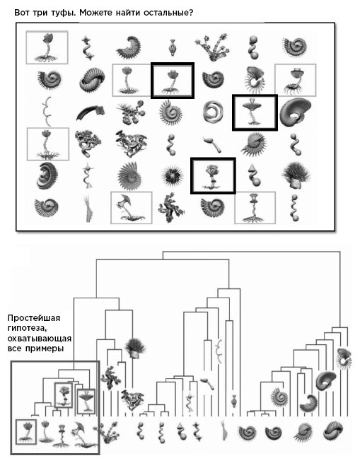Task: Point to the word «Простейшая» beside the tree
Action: pyautogui.click(x=34, y=318)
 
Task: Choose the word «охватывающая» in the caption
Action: pyautogui.click(x=40, y=339)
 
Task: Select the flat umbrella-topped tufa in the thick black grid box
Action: pyautogui.click(x=255, y=112)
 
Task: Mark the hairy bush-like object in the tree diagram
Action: pyautogui.click(x=135, y=348)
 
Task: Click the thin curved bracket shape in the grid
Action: pyautogui.click(x=47, y=111)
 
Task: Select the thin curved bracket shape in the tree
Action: pyautogui.click(x=219, y=351)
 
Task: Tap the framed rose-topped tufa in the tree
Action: pyautogui.click(x=63, y=395)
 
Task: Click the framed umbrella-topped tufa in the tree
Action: pyautogui.click(x=86, y=402)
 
